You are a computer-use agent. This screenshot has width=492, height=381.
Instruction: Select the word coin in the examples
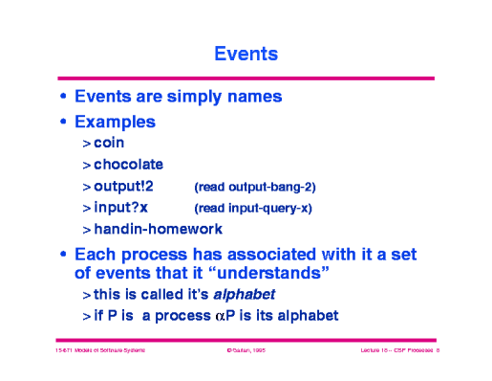click(x=110, y=144)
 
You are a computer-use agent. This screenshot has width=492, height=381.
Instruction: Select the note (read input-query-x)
click(x=253, y=208)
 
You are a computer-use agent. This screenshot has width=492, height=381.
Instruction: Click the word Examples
click(x=116, y=123)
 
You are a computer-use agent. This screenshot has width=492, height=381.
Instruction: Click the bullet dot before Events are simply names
click(x=64, y=98)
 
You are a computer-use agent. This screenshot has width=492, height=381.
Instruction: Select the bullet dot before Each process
click(x=64, y=256)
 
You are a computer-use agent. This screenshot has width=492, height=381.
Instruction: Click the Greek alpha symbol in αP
click(x=225, y=316)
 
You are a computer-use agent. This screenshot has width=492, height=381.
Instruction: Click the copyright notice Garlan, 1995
click(x=245, y=354)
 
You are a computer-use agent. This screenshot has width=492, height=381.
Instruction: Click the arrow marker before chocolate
click(x=86, y=166)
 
